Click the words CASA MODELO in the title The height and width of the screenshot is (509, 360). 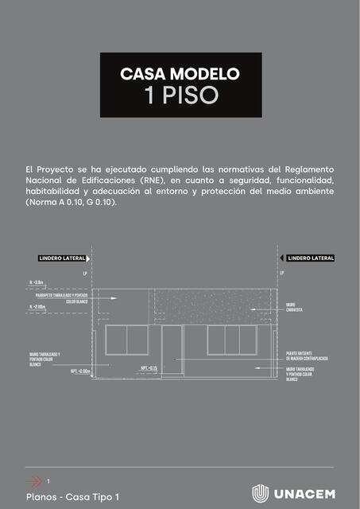(x=180, y=74)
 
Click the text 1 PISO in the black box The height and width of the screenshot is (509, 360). (x=180, y=96)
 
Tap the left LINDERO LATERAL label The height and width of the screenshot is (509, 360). (x=62, y=258)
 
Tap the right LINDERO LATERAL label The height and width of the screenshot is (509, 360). (x=311, y=258)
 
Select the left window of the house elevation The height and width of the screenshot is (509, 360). (x=127, y=340)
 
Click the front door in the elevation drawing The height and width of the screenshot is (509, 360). (x=172, y=349)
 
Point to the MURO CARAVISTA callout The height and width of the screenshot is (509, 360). (x=296, y=307)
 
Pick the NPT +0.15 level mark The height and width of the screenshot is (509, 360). (x=149, y=368)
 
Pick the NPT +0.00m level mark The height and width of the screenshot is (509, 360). (x=79, y=371)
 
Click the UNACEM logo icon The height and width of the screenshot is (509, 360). (x=260, y=493)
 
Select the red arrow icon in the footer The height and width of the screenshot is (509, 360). (x=33, y=480)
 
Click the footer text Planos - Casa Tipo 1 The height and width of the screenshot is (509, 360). (x=72, y=497)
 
